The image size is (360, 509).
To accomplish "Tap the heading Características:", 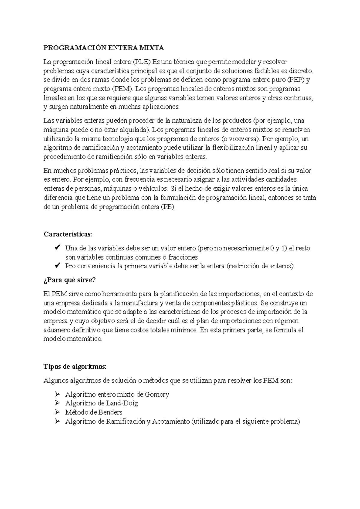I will click(x=68, y=234).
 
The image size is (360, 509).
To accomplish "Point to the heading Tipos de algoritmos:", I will click(x=75, y=367).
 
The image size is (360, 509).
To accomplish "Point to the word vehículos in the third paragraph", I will click(x=154, y=189).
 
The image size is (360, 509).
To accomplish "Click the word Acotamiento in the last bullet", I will click(x=170, y=421).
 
